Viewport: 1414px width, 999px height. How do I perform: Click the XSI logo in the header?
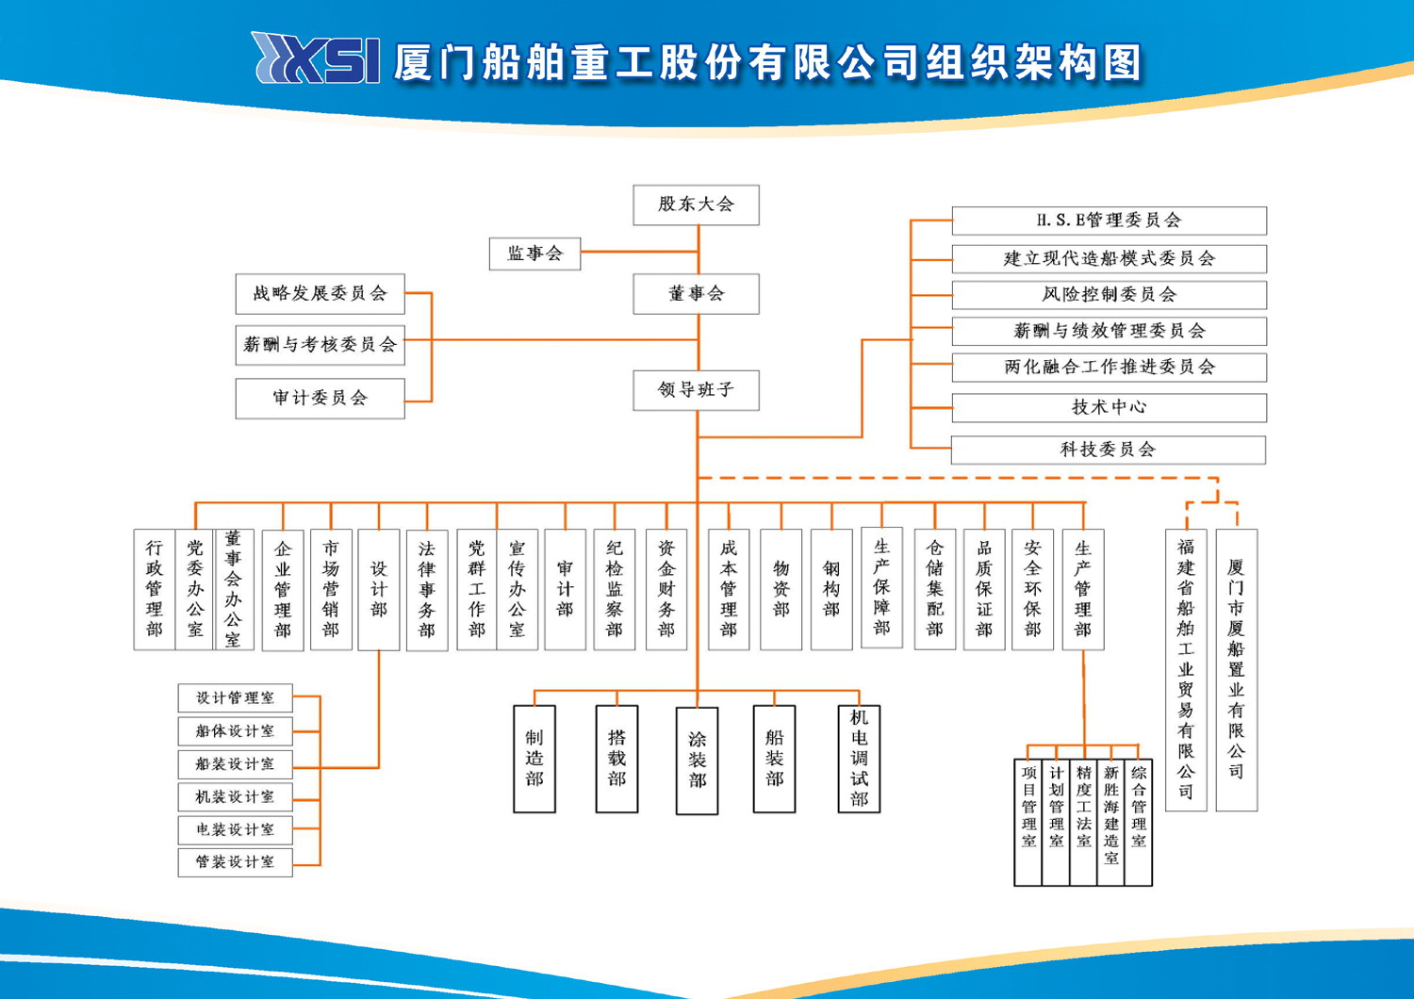(316, 58)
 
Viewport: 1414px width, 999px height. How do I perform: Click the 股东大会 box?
(697, 205)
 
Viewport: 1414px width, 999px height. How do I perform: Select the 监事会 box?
(534, 254)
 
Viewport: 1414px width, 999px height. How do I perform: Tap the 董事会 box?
(697, 294)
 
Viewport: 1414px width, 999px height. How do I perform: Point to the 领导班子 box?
(697, 390)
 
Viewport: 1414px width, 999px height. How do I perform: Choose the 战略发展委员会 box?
(321, 294)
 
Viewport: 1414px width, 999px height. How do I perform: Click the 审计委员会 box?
(321, 399)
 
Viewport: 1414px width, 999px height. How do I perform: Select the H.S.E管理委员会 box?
(1110, 221)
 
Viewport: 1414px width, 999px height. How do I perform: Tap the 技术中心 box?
(1110, 408)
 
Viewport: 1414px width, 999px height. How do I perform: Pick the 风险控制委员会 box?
(1110, 295)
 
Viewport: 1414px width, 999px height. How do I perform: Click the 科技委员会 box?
(1109, 450)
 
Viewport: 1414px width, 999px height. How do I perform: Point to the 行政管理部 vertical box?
(154, 589)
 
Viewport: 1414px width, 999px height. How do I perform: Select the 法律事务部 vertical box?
(427, 590)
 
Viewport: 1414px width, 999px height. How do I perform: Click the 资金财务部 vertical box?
(666, 589)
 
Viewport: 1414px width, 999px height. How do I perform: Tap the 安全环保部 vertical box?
(1033, 589)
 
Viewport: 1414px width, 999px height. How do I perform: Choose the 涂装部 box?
(697, 761)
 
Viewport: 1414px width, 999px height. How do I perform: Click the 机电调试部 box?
(859, 759)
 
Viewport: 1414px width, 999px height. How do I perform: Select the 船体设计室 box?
(236, 731)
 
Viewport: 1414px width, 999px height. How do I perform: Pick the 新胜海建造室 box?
(1111, 823)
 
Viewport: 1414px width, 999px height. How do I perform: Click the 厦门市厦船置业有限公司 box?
(1237, 669)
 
